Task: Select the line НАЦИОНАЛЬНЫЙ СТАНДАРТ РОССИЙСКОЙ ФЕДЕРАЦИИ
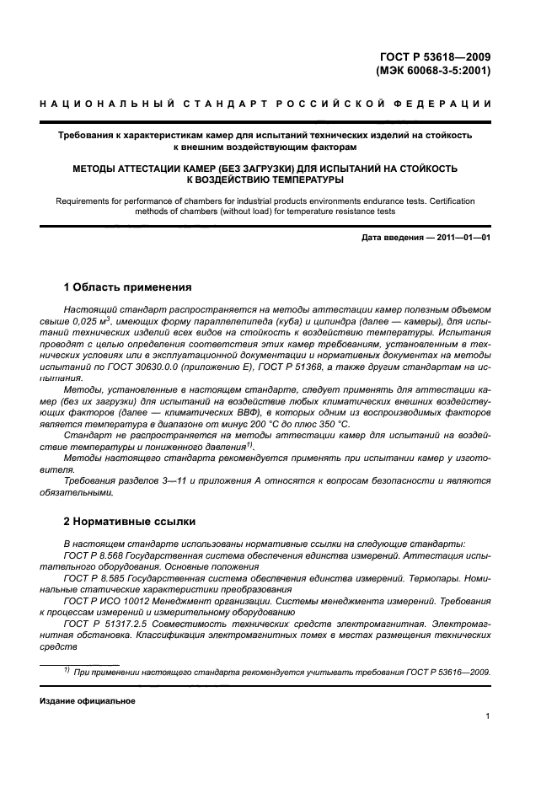point(265,104)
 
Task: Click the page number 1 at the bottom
point(488,716)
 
